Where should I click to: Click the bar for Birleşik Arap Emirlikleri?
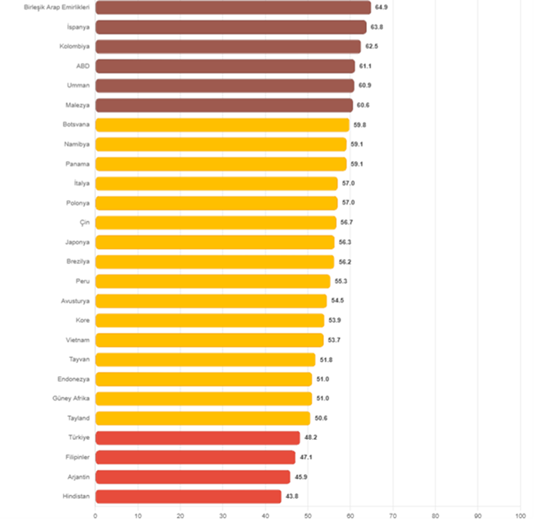[x=233, y=7]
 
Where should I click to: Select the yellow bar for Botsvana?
[x=222, y=125]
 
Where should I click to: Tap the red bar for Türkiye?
[x=198, y=438]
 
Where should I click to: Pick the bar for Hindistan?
[x=188, y=496]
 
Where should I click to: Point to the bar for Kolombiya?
[x=228, y=46]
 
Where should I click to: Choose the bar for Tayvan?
[x=205, y=359]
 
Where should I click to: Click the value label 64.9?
[x=381, y=7]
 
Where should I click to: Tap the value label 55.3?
[x=341, y=281]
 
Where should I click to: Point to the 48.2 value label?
[x=311, y=438]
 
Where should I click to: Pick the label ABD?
[x=83, y=66]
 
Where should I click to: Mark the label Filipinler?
[x=77, y=457]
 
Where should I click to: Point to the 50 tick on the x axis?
[x=308, y=515]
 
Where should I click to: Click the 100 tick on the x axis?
[x=520, y=515]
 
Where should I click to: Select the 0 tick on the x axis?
[x=96, y=515]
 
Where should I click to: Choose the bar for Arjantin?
[x=193, y=476]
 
